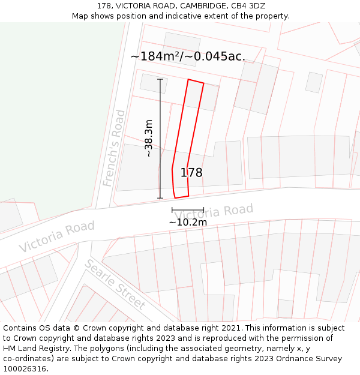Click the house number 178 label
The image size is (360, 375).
(191, 173)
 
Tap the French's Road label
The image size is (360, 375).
(114, 148)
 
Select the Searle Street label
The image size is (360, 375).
(115, 284)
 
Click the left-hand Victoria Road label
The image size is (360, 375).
(56, 236)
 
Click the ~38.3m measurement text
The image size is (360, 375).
(149, 139)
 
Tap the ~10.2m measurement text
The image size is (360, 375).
(188, 223)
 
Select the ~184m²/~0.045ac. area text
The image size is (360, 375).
(188, 56)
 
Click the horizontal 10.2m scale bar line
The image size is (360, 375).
(188, 210)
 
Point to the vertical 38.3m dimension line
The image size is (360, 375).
(160, 139)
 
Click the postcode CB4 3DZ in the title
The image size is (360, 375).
(247, 6)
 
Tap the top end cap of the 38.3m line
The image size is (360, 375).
(160, 79)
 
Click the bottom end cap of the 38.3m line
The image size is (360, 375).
(160, 198)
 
